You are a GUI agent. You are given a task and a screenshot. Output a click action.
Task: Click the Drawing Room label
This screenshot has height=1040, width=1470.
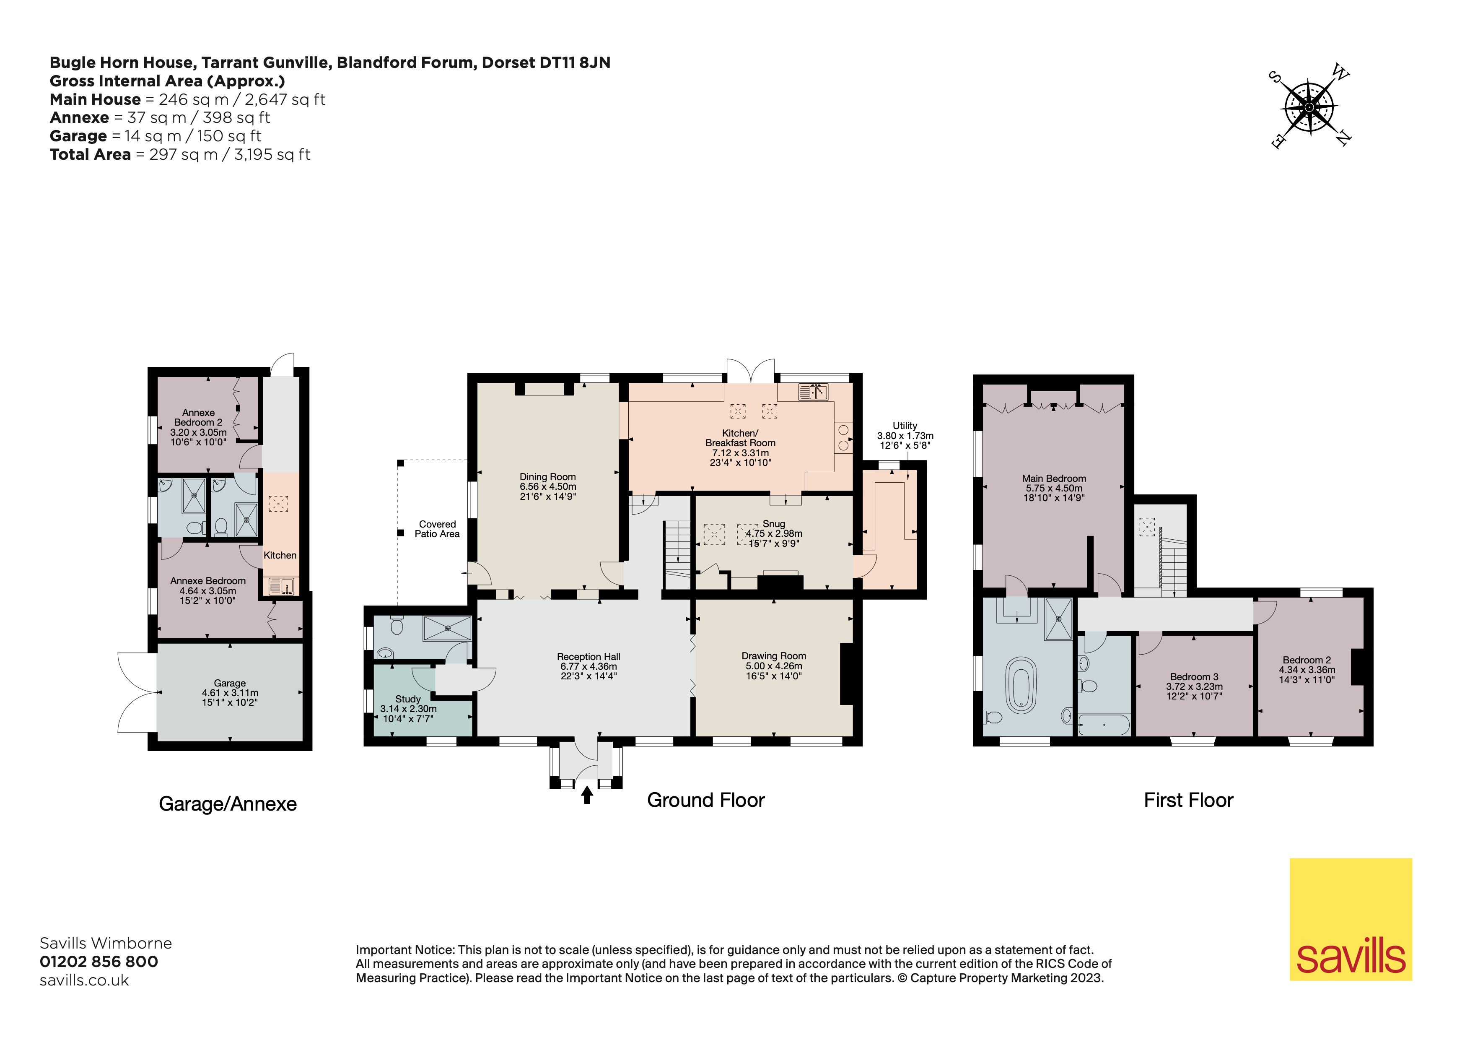(773, 666)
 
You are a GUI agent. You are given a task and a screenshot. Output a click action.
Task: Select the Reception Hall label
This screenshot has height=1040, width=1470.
(589, 666)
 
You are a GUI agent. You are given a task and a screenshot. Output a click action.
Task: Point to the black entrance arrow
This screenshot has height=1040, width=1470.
(586, 795)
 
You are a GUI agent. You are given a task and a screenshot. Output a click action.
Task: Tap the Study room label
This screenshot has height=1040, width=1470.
(409, 708)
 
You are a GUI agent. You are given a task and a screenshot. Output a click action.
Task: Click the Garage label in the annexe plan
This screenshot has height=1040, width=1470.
(230, 692)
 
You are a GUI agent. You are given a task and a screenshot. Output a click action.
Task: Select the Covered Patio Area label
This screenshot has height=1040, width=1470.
(437, 529)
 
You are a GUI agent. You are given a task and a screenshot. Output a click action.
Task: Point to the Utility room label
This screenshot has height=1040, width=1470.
(905, 435)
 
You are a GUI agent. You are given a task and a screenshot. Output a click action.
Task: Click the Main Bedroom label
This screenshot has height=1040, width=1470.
(1054, 488)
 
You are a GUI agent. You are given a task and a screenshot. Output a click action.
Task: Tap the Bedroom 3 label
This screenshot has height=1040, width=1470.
(1194, 686)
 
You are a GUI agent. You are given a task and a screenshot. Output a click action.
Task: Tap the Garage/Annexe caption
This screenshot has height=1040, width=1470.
(228, 804)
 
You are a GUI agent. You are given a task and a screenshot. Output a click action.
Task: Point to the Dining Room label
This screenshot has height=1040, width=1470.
(547, 486)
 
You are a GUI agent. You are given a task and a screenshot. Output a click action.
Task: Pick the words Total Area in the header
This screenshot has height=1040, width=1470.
(90, 154)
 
